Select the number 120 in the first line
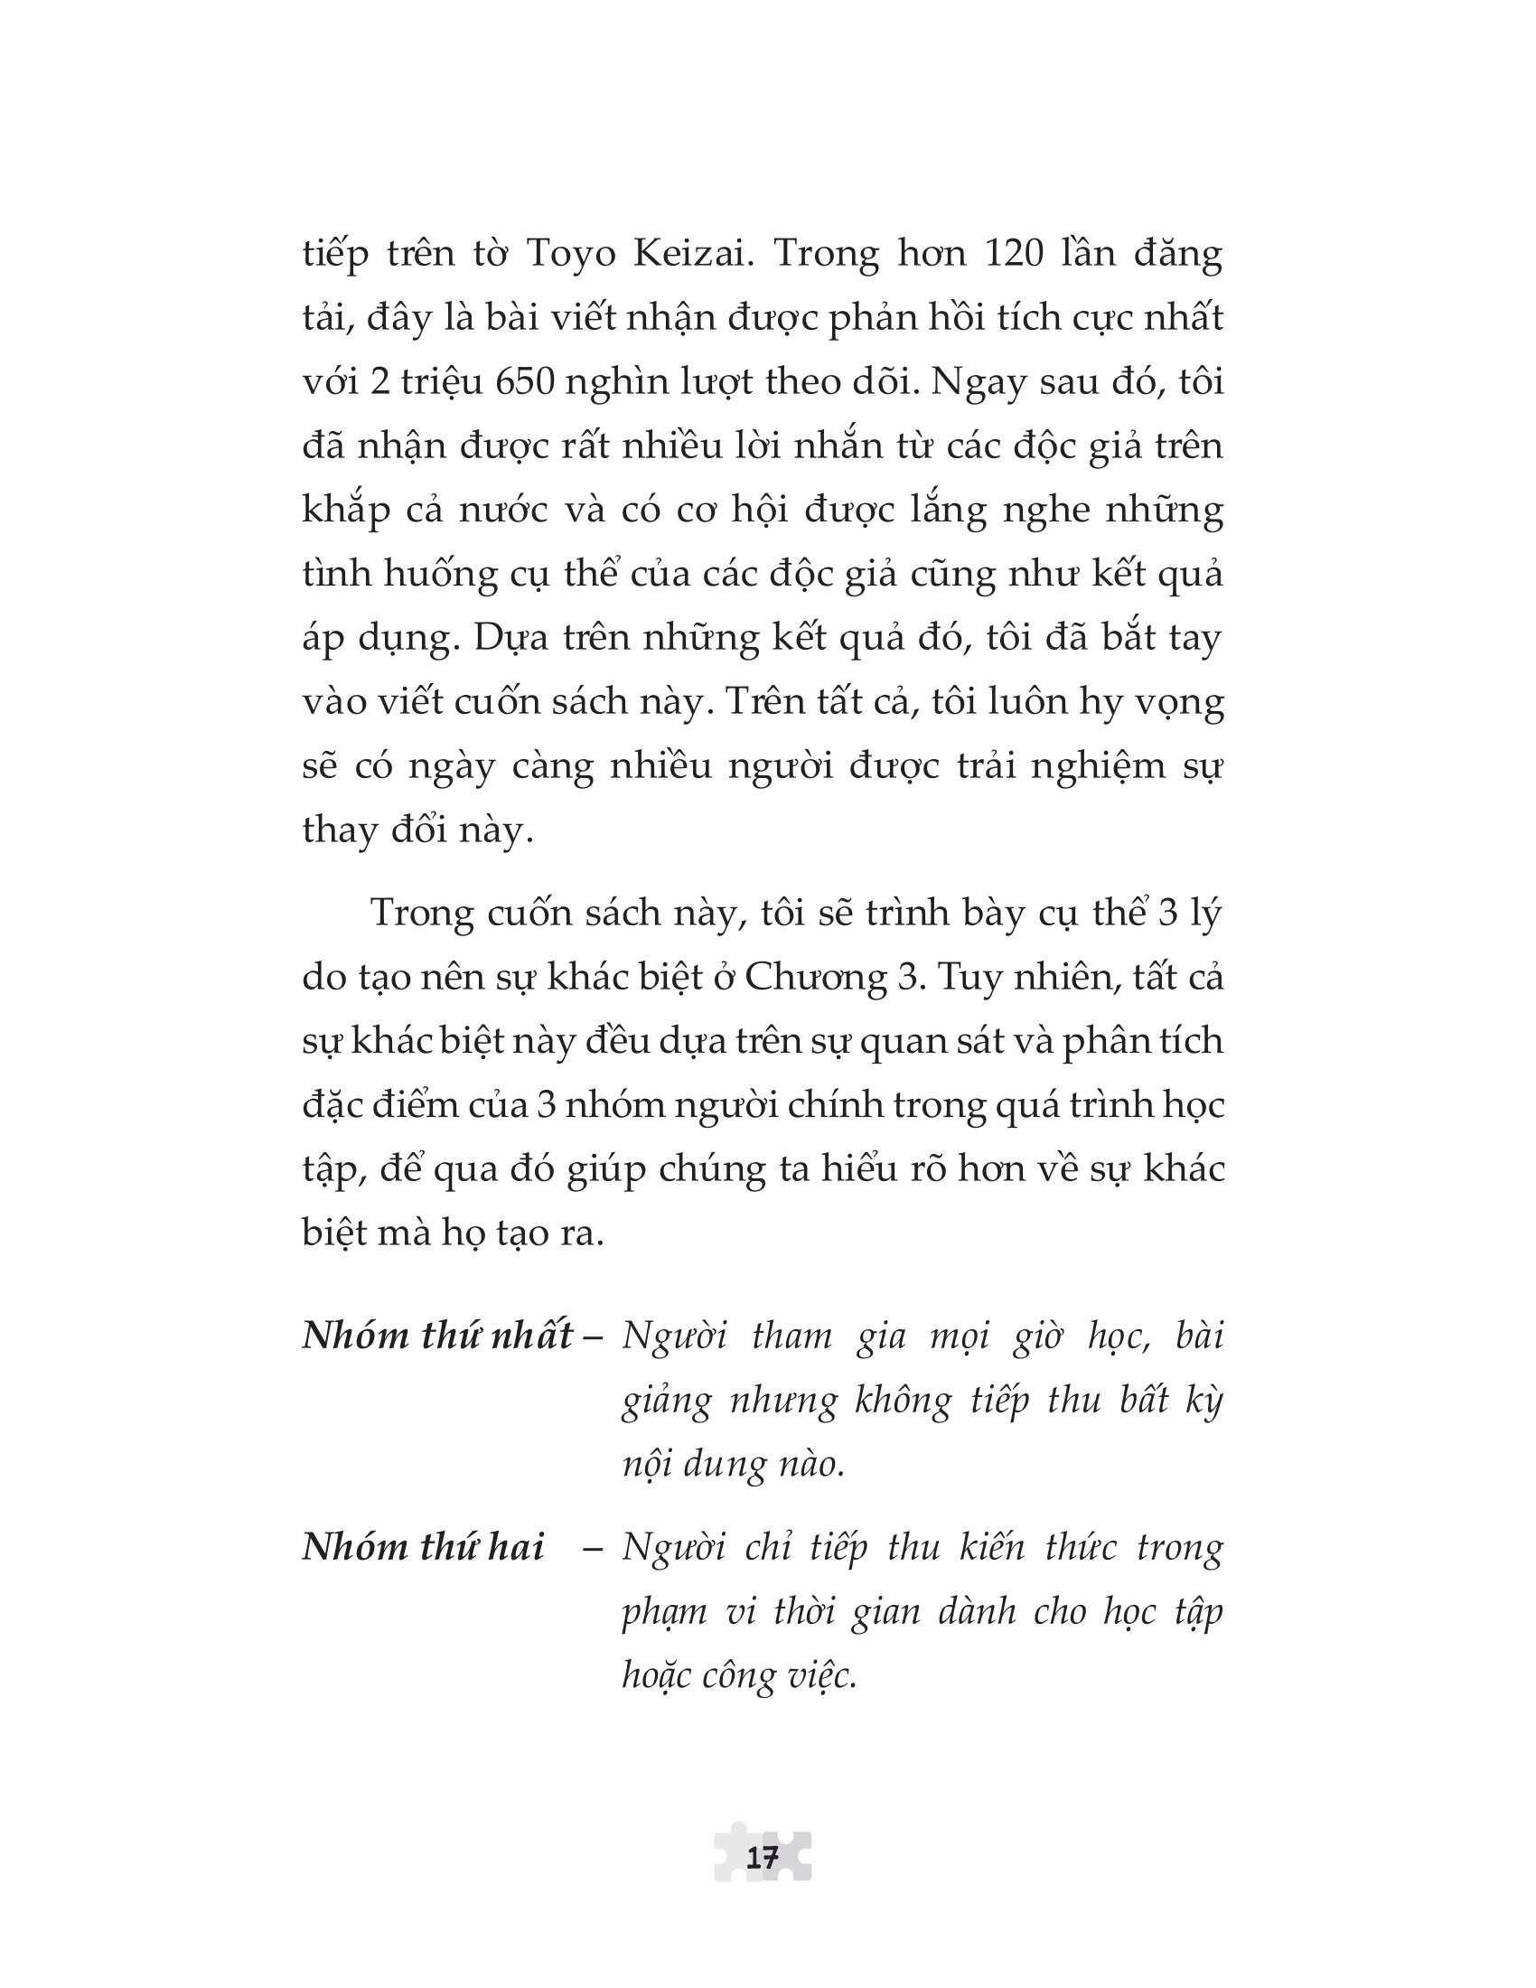(1014, 253)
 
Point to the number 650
(525, 381)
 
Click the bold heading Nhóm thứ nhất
(437, 1336)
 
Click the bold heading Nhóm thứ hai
(423, 1547)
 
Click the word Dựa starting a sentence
(510, 638)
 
